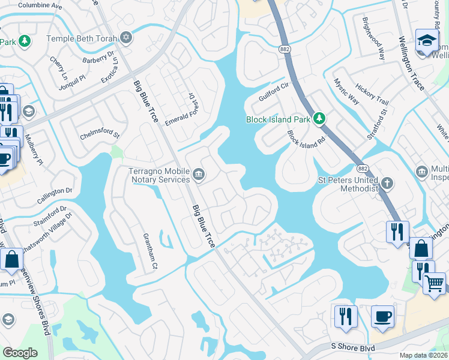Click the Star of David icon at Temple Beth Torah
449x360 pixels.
[125, 38]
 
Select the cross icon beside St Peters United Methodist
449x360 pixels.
[388, 182]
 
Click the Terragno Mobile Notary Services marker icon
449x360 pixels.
[199, 175]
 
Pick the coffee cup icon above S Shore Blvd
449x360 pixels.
[382, 315]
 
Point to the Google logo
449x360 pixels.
[20, 353]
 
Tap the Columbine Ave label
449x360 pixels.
[40, 5]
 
